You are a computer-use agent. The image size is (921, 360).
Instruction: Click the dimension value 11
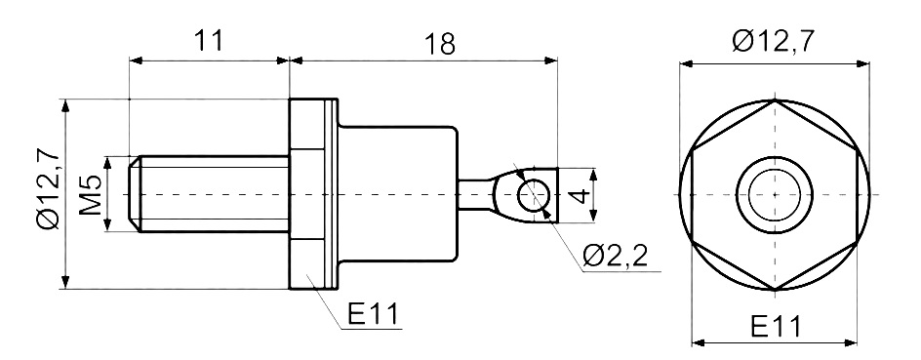(209, 41)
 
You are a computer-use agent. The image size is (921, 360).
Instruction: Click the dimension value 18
(440, 44)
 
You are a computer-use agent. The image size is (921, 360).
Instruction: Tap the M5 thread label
(92, 194)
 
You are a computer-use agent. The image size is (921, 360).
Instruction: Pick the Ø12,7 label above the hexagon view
(774, 42)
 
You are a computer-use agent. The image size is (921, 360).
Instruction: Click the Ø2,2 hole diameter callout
(617, 256)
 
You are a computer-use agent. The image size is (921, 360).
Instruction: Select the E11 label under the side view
(373, 315)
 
